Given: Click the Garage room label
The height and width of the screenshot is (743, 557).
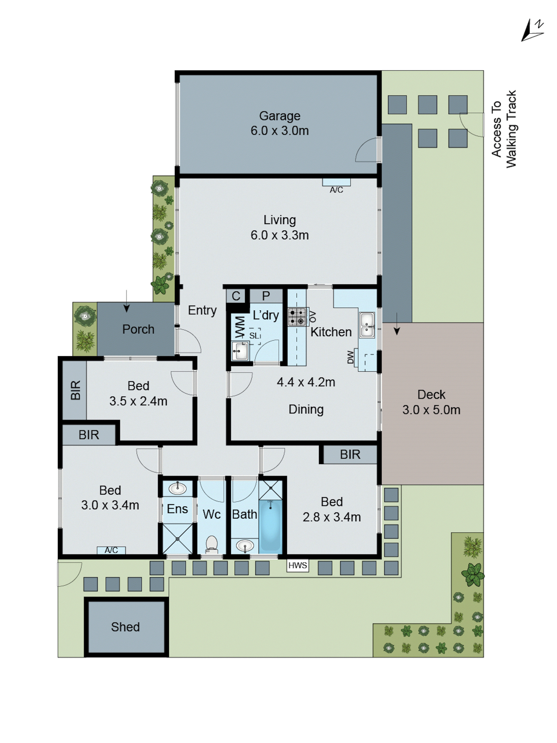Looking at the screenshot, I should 279,116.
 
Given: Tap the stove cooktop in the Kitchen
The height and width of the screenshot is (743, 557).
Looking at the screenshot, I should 297,317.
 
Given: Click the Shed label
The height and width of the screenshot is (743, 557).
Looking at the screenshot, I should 125,627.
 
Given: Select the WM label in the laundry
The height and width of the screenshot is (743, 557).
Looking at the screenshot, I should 240,326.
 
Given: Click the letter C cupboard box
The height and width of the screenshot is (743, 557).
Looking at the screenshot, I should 236,296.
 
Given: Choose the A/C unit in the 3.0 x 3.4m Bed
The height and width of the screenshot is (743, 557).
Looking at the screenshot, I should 111,550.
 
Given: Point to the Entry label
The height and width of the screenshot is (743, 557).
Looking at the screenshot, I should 202,310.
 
